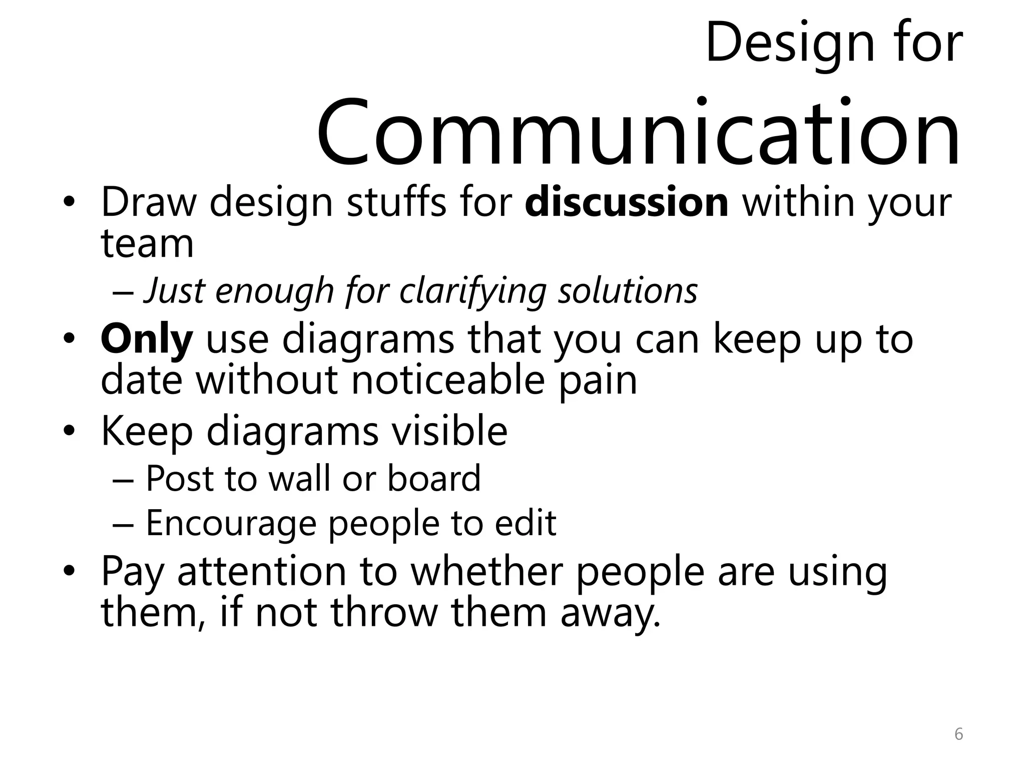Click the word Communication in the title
click(638, 133)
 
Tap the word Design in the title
click(790, 44)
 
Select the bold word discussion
click(627, 203)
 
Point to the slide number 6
click(958, 734)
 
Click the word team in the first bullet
click(147, 244)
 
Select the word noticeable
click(447, 380)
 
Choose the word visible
click(449, 432)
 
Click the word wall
click(299, 479)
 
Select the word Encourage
click(231, 524)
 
